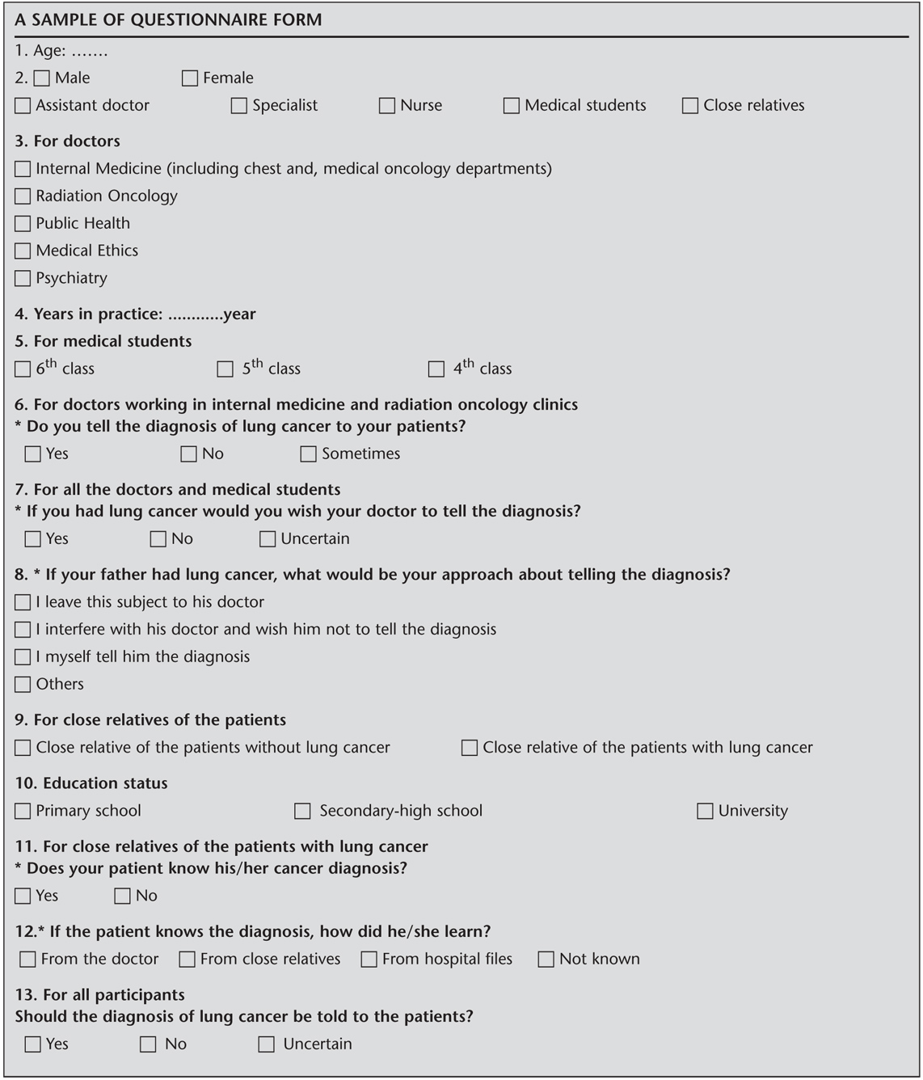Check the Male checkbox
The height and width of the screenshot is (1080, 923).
point(42,78)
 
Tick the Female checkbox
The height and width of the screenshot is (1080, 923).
point(190,78)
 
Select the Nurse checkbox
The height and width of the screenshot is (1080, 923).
point(387,106)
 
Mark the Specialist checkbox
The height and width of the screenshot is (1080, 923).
point(239,106)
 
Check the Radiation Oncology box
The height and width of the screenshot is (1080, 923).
point(23,196)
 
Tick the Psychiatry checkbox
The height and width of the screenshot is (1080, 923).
point(23,279)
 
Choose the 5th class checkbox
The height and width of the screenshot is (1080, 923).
point(225,369)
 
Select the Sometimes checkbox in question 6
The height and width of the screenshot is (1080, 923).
point(308,454)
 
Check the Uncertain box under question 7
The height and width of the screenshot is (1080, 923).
point(268,539)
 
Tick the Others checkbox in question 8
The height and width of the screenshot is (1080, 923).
point(23,685)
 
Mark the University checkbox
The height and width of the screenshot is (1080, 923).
point(705,811)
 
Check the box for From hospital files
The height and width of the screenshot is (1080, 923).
point(369,960)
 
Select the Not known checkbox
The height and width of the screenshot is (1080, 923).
point(546,960)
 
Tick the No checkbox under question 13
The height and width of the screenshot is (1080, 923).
point(148,1044)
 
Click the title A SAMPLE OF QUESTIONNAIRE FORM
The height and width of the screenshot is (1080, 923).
point(168,20)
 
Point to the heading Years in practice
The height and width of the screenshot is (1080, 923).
point(89,314)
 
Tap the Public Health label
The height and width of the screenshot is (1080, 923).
point(82,224)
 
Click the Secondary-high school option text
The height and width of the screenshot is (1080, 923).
point(400,811)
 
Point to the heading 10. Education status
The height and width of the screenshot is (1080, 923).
point(91,783)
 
